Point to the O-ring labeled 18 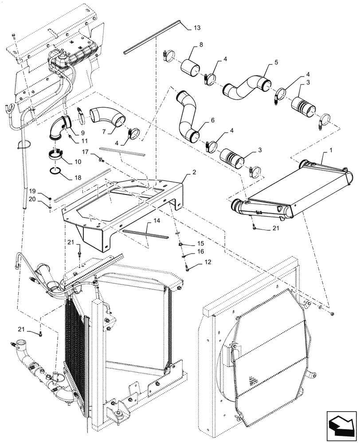point(55,171)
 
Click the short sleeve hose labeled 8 point(190,68)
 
